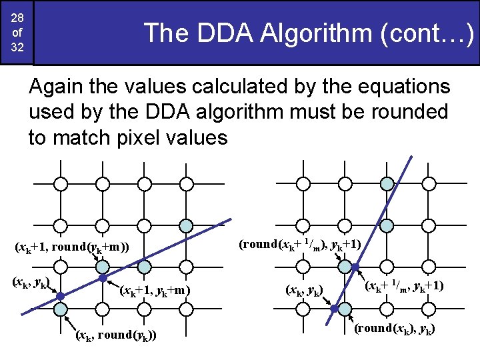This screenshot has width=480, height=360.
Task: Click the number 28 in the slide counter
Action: [16, 17]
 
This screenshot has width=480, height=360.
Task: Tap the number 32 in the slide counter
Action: [16, 50]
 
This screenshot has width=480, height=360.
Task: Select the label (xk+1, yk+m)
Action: [155, 290]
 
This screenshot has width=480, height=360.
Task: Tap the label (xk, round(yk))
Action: [117, 335]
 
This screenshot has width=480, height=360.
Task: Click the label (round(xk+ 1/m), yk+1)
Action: [299, 244]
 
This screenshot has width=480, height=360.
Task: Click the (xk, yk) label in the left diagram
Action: [29, 282]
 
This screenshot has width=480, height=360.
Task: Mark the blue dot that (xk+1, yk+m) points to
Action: [103, 278]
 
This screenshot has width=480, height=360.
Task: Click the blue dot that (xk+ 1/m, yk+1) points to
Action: [355, 267]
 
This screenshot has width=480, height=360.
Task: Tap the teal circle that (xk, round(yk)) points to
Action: [60, 309]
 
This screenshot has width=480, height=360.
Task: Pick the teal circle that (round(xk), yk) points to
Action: [344, 309]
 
